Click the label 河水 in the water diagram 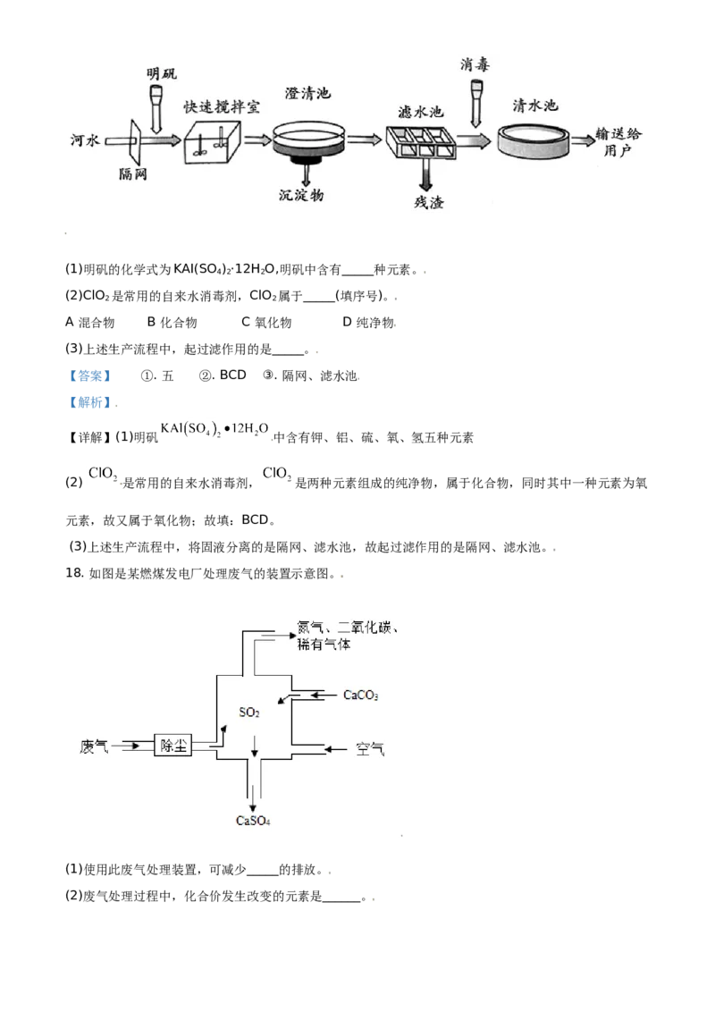pyautogui.click(x=88, y=140)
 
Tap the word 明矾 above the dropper pyautogui.click(x=162, y=72)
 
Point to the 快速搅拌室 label pyautogui.click(x=222, y=106)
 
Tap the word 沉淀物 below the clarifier pyautogui.click(x=301, y=195)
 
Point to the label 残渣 pyautogui.click(x=429, y=203)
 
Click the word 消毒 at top pyautogui.click(x=475, y=63)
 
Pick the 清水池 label pyautogui.click(x=534, y=105)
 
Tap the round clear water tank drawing pyautogui.click(x=534, y=140)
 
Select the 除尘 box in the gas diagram pyautogui.click(x=173, y=746)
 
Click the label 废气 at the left pyautogui.click(x=94, y=746)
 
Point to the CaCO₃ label pyautogui.click(x=361, y=695)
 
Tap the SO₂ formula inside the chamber pyautogui.click(x=249, y=713)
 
